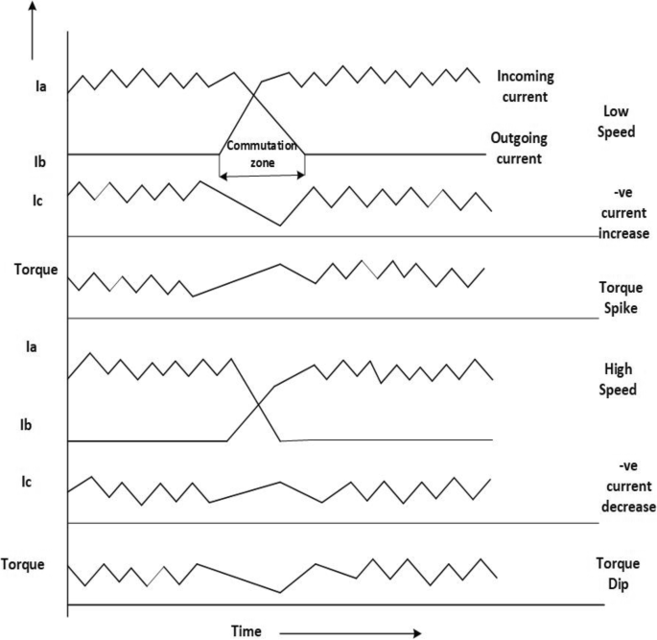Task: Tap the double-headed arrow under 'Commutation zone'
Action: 262,175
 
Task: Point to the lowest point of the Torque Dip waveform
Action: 280,592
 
